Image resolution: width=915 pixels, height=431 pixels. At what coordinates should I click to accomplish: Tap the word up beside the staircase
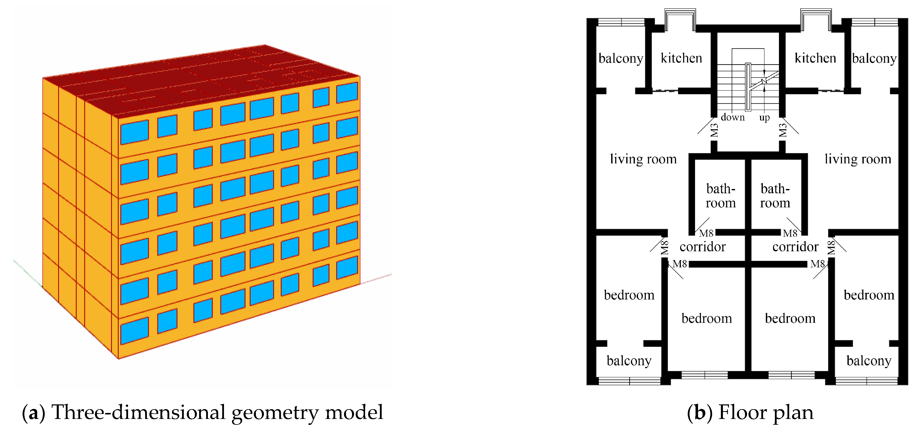(764, 117)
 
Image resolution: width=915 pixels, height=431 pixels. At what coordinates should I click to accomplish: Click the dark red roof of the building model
(199, 80)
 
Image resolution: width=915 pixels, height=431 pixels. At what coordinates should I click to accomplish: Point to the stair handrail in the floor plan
(748, 87)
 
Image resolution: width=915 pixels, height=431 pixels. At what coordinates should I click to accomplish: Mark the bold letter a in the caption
(33, 414)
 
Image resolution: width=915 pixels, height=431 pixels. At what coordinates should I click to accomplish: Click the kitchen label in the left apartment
(681, 58)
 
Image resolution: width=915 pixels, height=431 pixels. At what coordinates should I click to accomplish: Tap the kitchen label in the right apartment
(815, 58)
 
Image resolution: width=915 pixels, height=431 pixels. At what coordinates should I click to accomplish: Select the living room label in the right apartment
(858, 159)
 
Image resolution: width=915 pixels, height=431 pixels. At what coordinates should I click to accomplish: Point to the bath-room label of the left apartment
(721, 196)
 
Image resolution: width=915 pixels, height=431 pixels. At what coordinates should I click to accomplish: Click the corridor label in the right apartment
(795, 247)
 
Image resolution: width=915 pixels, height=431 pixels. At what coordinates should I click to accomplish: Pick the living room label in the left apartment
(643, 159)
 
